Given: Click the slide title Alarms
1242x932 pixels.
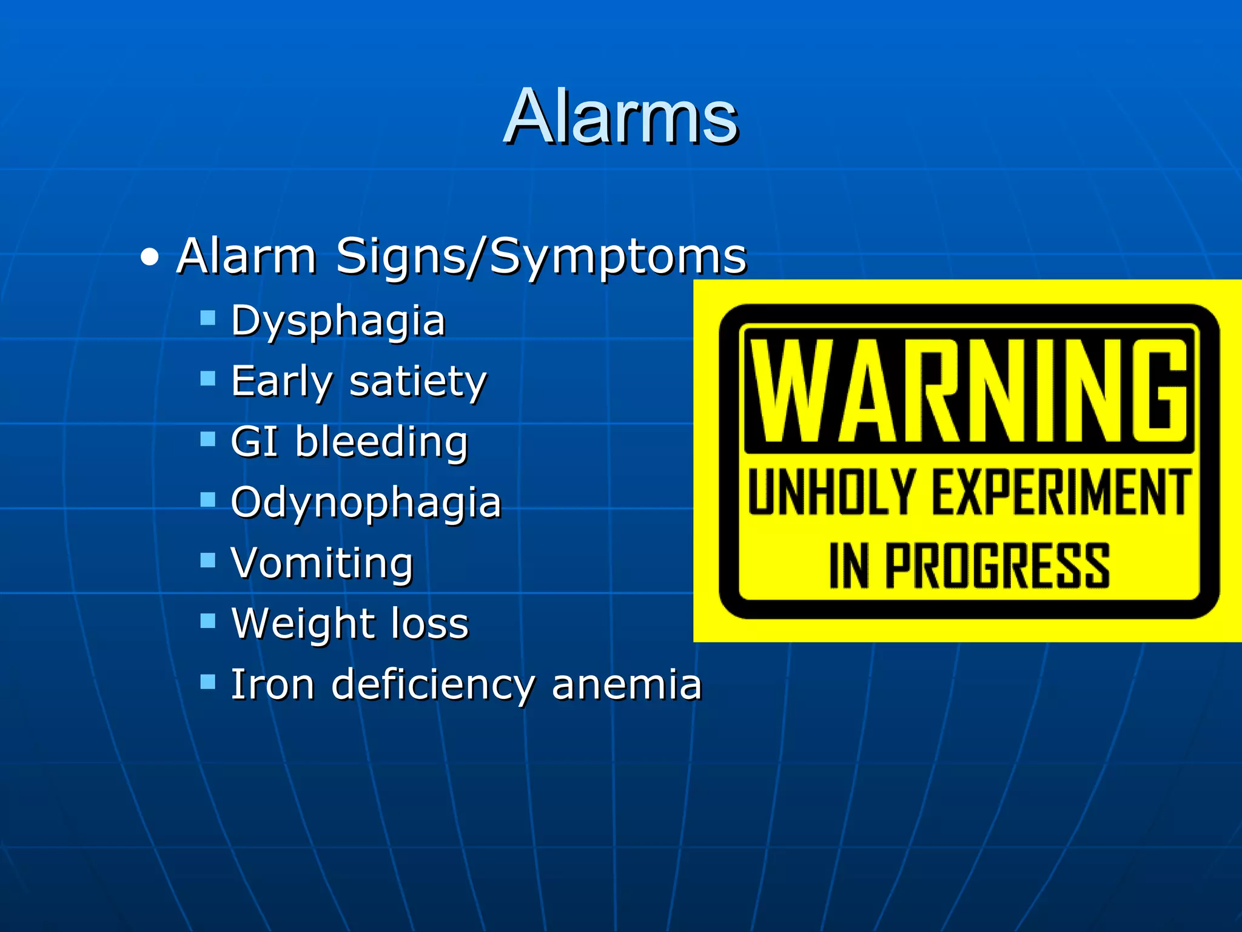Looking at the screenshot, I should (x=621, y=116).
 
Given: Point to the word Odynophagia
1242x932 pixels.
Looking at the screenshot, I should (x=366, y=502).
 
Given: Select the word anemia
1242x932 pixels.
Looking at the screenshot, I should (x=626, y=684).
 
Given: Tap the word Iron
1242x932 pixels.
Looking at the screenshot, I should (x=273, y=684).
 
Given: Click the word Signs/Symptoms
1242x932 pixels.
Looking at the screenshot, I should (x=541, y=257).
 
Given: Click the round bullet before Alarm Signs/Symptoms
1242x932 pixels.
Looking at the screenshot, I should (x=149, y=258).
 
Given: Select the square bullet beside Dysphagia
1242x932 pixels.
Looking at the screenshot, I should (x=208, y=318).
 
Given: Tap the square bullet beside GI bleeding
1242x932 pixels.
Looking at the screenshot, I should (x=208, y=439).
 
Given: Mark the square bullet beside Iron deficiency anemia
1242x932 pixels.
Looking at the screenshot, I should (x=208, y=681).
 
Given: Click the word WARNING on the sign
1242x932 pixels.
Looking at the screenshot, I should (x=968, y=391).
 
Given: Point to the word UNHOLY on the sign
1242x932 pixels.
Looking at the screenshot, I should (x=831, y=493).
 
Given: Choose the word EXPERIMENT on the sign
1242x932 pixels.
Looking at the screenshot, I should (x=1061, y=493).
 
